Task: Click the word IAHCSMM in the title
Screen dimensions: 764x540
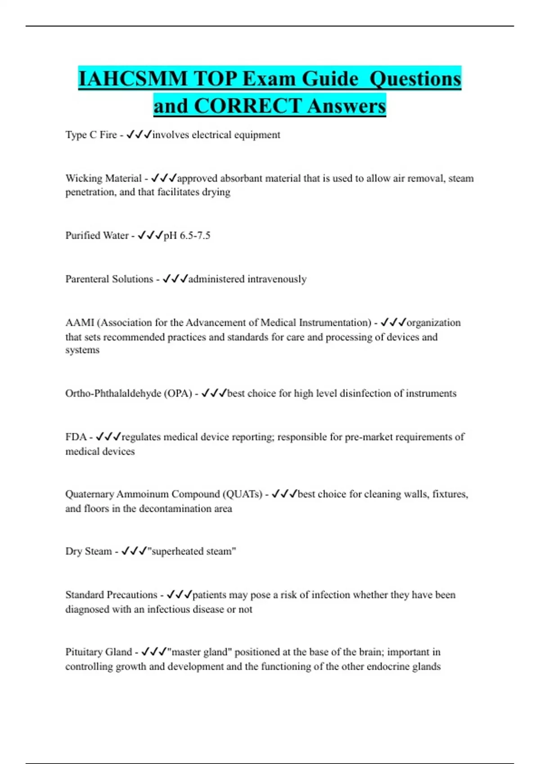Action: coord(132,79)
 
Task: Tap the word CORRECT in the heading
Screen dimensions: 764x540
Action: coord(247,106)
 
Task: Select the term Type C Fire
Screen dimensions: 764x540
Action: coord(91,135)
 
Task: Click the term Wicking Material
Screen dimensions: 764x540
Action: coord(103,178)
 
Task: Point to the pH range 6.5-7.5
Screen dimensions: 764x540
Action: coord(187,235)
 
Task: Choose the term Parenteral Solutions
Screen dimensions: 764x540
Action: coord(109,279)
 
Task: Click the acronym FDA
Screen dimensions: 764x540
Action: coord(76,437)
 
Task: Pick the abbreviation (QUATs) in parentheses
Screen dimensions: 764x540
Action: coord(242,494)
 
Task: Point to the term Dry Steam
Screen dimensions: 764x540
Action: coord(88,551)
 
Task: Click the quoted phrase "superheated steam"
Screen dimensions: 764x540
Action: coord(192,551)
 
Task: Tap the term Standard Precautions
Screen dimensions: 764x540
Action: coord(111,595)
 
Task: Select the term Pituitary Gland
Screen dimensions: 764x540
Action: coord(99,652)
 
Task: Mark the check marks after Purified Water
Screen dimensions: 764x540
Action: coord(150,235)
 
